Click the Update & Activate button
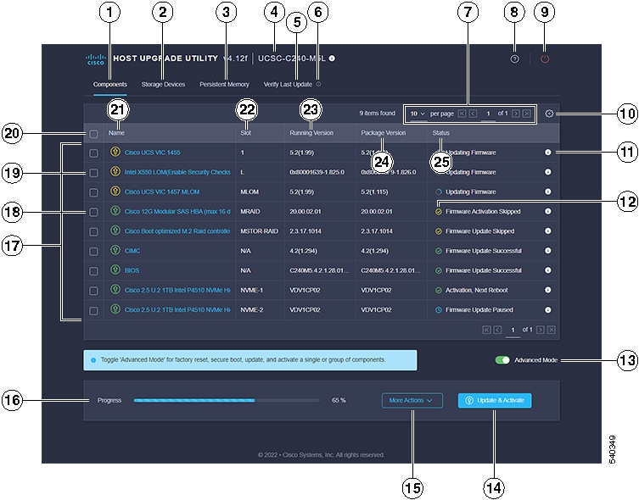495,400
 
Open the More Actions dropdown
412,400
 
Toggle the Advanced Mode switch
502,360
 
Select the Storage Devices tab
163,85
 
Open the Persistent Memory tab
224,85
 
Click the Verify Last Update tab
288,85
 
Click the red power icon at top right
545,59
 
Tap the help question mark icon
514,59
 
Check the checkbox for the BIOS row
93,270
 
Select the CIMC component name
132,251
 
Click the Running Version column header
310,133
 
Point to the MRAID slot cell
250,211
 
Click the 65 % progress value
339,400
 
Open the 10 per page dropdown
418,114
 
